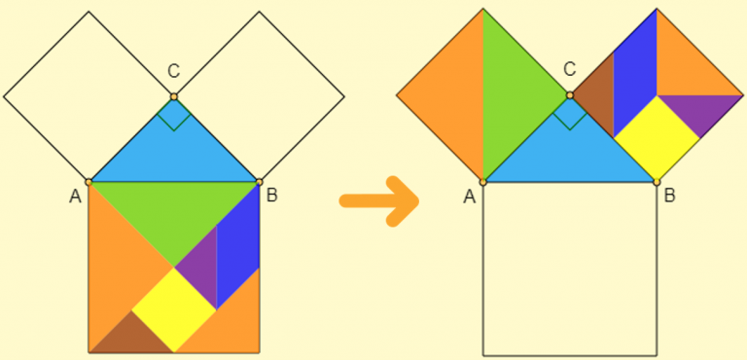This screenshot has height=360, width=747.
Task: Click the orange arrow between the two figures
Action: pos(379,201)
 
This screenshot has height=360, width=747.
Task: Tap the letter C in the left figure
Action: pos(173,71)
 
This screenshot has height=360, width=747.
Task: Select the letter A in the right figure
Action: pos(471,197)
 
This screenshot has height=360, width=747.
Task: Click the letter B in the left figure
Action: pos(272,196)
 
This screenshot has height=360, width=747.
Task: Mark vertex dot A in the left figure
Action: pos(89,181)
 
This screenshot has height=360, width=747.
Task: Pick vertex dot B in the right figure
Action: pos(657,181)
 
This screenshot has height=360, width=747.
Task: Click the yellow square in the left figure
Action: pos(173,309)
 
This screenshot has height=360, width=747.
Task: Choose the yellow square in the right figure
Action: pos(657,138)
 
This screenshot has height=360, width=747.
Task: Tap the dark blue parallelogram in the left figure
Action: pos(237,255)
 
